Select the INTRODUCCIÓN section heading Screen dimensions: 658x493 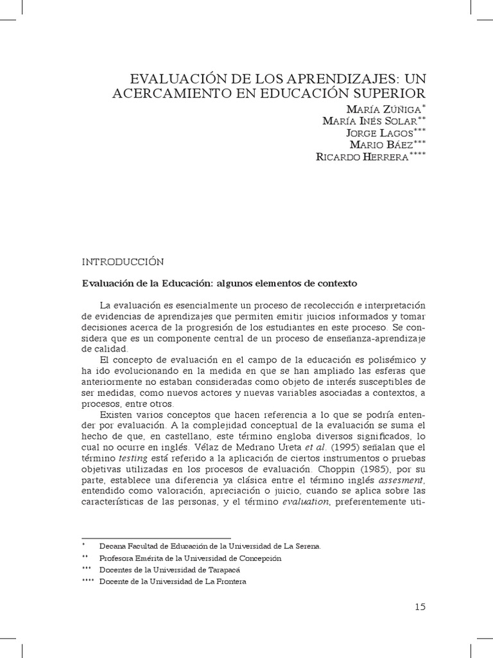[x=122, y=262]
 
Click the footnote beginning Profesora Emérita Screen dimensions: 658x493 [x=191, y=558]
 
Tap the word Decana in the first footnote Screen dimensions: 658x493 [x=114, y=546]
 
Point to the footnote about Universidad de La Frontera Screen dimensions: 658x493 [x=173, y=581]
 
